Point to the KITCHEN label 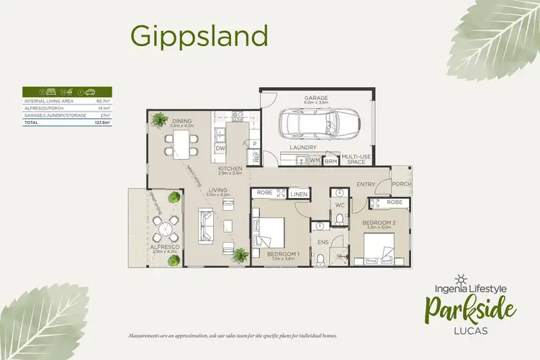[230, 169]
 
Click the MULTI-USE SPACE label [356, 160]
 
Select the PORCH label [401, 184]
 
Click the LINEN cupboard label [298, 194]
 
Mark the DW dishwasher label [220, 148]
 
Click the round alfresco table [166, 230]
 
